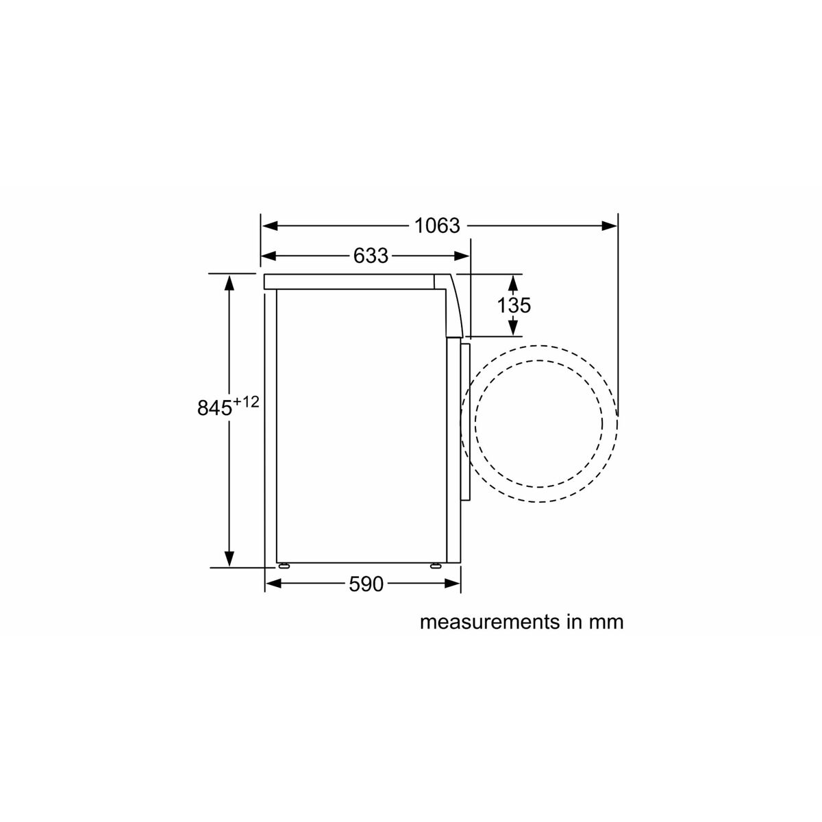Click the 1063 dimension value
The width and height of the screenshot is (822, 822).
437,225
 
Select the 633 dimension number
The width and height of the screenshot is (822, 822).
371,256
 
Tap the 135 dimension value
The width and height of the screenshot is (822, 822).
514,305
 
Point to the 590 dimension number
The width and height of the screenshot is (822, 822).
366,584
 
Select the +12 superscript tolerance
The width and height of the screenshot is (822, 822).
245,402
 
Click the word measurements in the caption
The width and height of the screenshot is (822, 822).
488,622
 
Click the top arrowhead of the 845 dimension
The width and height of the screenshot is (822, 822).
229,282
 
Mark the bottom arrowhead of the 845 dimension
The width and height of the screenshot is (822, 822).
229,559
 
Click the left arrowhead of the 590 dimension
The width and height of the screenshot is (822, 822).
273,584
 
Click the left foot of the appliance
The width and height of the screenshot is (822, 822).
282,566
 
